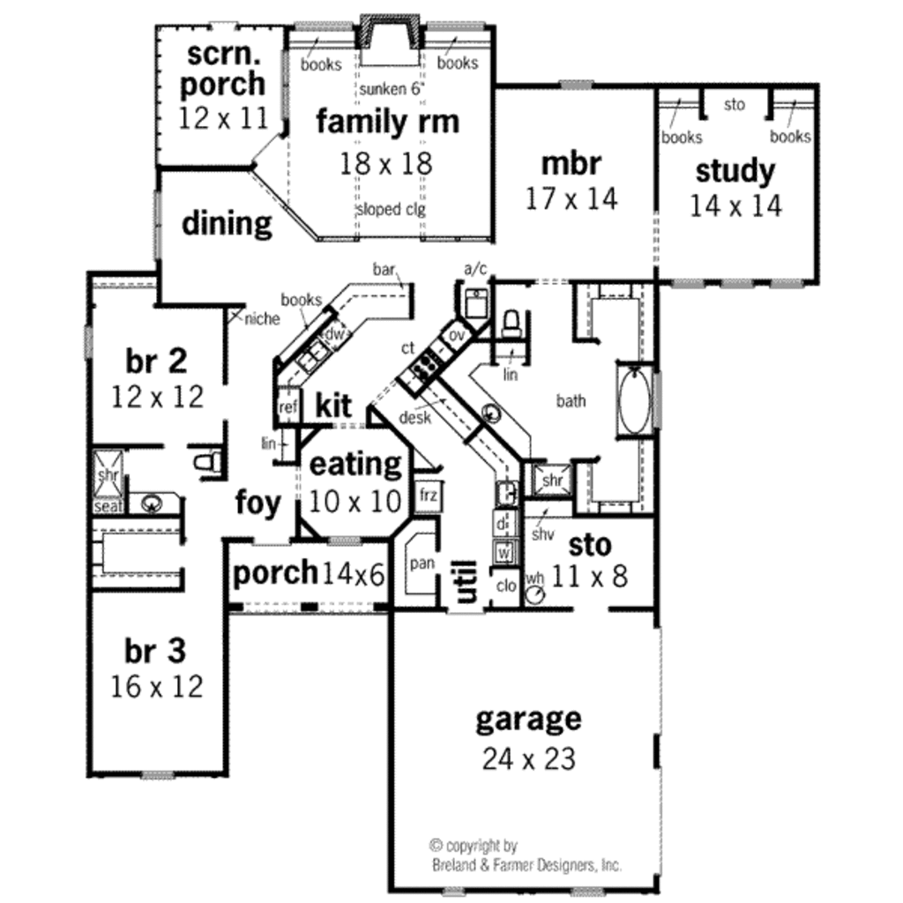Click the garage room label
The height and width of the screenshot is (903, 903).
pyautogui.click(x=528, y=720)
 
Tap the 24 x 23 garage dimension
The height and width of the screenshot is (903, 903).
pyautogui.click(x=528, y=757)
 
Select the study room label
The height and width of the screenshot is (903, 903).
pyautogui.click(x=735, y=171)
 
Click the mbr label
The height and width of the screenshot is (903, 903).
pyautogui.click(x=571, y=164)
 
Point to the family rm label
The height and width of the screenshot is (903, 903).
pyautogui.click(x=387, y=122)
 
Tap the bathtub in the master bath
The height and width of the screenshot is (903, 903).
pyautogui.click(x=632, y=400)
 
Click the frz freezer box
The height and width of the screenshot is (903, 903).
pyautogui.click(x=429, y=496)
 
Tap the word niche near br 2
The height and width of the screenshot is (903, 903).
pyautogui.click(x=262, y=318)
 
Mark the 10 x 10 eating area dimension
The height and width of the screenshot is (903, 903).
pyautogui.click(x=354, y=501)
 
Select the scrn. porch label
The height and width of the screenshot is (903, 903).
pyautogui.click(x=225, y=69)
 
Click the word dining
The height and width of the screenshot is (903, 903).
pyautogui.click(x=227, y=224)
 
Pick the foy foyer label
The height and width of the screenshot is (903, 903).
pyautogui.click(x=257, y=504)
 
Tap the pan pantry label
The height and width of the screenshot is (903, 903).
pyautogui.click(x=422, y=563)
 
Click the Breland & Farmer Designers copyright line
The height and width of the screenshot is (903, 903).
pyautogui.click(x=526, y=865)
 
